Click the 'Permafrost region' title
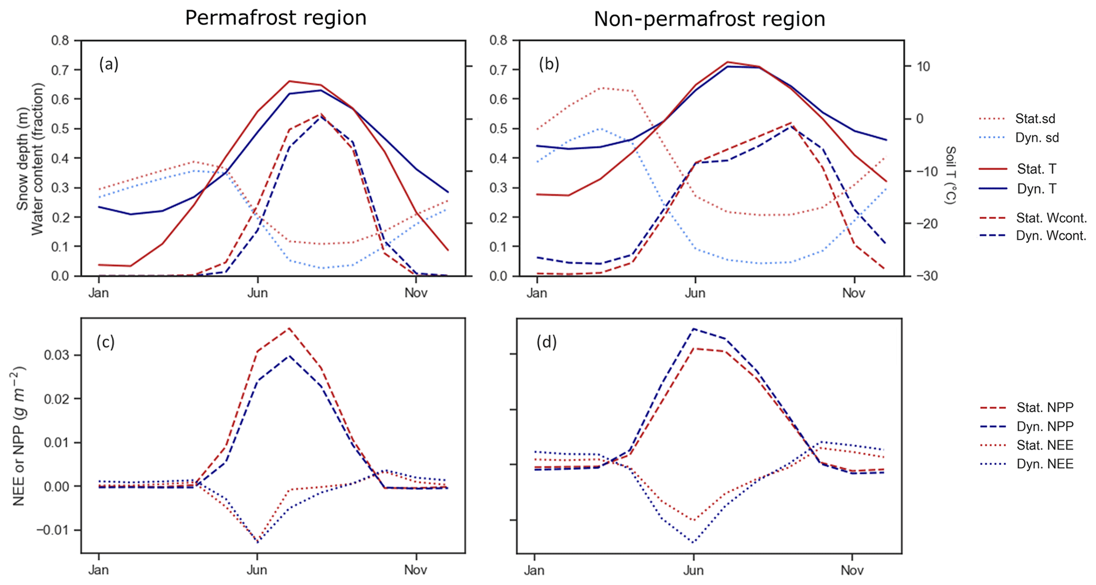275,18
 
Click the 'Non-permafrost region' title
709,19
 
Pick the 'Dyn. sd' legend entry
1037,138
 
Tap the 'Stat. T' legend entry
1036,169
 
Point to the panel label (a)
109,64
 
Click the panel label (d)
546,342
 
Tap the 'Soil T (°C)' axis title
950,175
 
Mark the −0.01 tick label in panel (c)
55,530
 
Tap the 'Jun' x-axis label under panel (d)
693,570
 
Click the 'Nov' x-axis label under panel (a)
416,293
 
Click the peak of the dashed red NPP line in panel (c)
289,328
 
